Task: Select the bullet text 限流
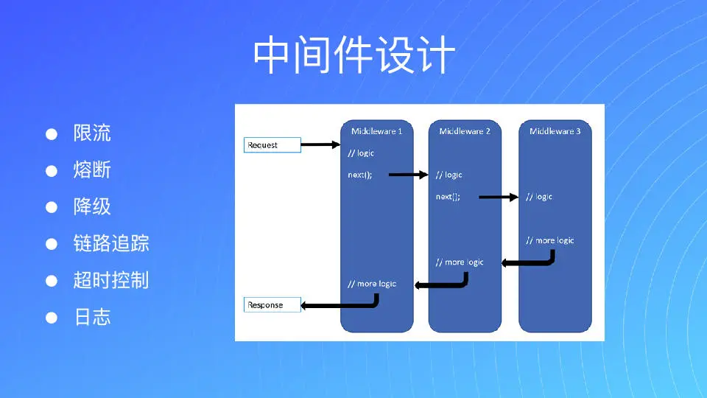[92, 133]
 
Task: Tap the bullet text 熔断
[92, 170]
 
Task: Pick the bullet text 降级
[92, 206]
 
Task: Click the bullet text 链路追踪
[111, 243]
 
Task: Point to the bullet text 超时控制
[111, 280]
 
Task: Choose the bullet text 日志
[92, 317]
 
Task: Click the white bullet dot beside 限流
[52, 134]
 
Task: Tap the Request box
[272, 145]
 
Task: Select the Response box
[272, 305]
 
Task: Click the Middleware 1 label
[376, 131]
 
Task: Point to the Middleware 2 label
[465, 131]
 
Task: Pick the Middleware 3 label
[555, 131]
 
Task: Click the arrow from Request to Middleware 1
[320, 145]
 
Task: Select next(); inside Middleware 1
[360, 175]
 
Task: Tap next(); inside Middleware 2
[448, 197]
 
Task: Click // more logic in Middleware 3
[550, 240]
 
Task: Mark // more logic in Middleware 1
[372, 284]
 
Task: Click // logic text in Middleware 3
[539, 197]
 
